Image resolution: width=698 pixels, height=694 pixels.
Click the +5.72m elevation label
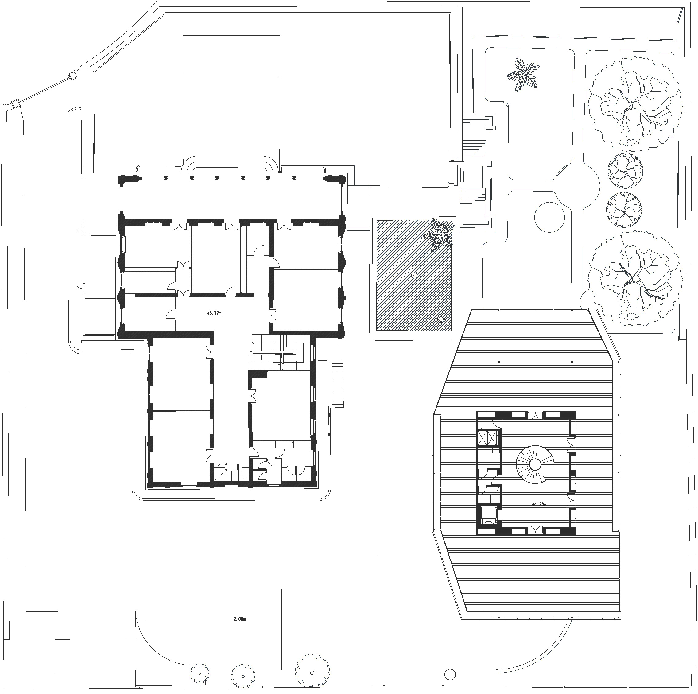[214, 313]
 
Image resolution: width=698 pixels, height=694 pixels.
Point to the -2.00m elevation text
[238, 619]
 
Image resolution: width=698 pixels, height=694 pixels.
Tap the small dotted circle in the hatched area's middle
[414, 275]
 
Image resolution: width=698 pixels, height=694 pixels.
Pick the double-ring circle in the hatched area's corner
[440, 319]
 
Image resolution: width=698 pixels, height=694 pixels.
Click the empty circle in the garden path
[549, 217]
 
